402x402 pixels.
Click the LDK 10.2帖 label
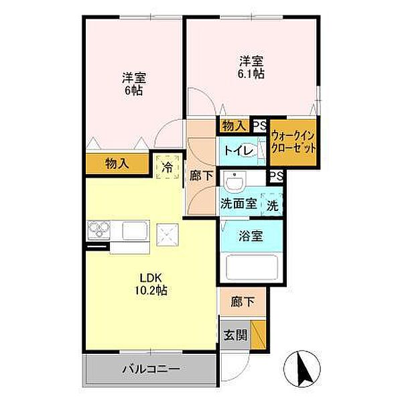[x=153, y=284]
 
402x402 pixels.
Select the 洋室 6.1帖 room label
[x=252, y=67]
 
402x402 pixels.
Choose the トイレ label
[x=238, y=151]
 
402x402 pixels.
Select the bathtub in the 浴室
[x=251, y=268]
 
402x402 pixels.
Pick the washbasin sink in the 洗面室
[x=235, y=182]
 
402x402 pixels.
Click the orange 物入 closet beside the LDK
[x=117, y=163]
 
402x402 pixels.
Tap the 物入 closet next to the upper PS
[x=232, y=125]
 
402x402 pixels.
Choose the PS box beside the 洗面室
[x=274, y=176]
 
